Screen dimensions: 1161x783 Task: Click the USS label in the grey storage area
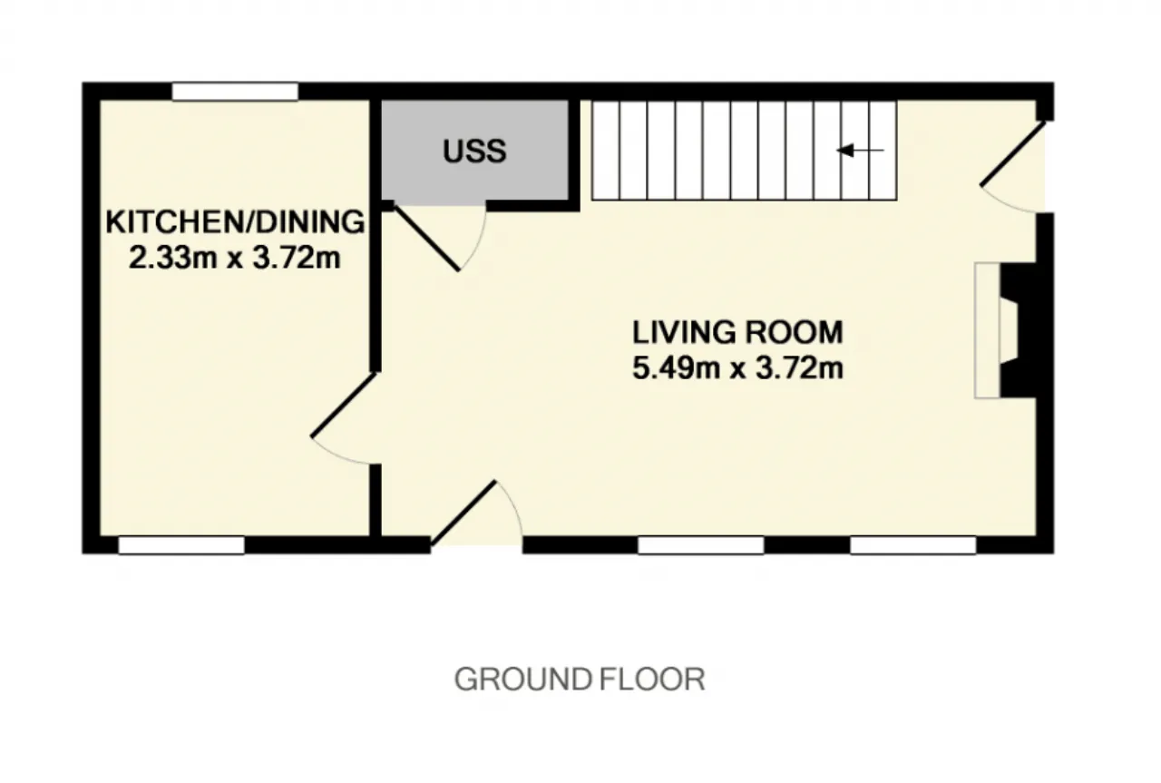pos(474,151)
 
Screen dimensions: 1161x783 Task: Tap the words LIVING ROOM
pos(737,332)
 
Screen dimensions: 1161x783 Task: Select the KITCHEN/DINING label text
pos(235,221)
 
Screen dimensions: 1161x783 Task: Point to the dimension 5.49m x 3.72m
pos(737,368)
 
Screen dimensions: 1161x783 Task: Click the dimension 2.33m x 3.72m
pos(234,258)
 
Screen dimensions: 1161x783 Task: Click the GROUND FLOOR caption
pos(580,680)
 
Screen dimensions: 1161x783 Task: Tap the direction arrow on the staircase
pos(861,151)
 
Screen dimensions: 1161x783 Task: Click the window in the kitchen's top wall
pos(235,92)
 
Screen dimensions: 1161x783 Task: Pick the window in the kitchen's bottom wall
pos(181,545)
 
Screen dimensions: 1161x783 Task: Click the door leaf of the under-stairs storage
pos(426,238)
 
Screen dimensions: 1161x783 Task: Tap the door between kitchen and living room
pos(343,405)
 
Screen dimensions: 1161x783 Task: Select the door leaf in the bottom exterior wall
pos(463,514)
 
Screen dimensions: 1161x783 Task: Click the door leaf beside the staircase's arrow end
pos(1013,153)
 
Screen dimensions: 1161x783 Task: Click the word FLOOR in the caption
pos(652,680)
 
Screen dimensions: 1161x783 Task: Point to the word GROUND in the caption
pos(523,680)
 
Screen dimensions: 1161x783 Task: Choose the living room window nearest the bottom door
pos(701,545)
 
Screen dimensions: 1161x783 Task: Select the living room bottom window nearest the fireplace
pos(913,545)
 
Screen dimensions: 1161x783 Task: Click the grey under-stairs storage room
pos(474,151)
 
